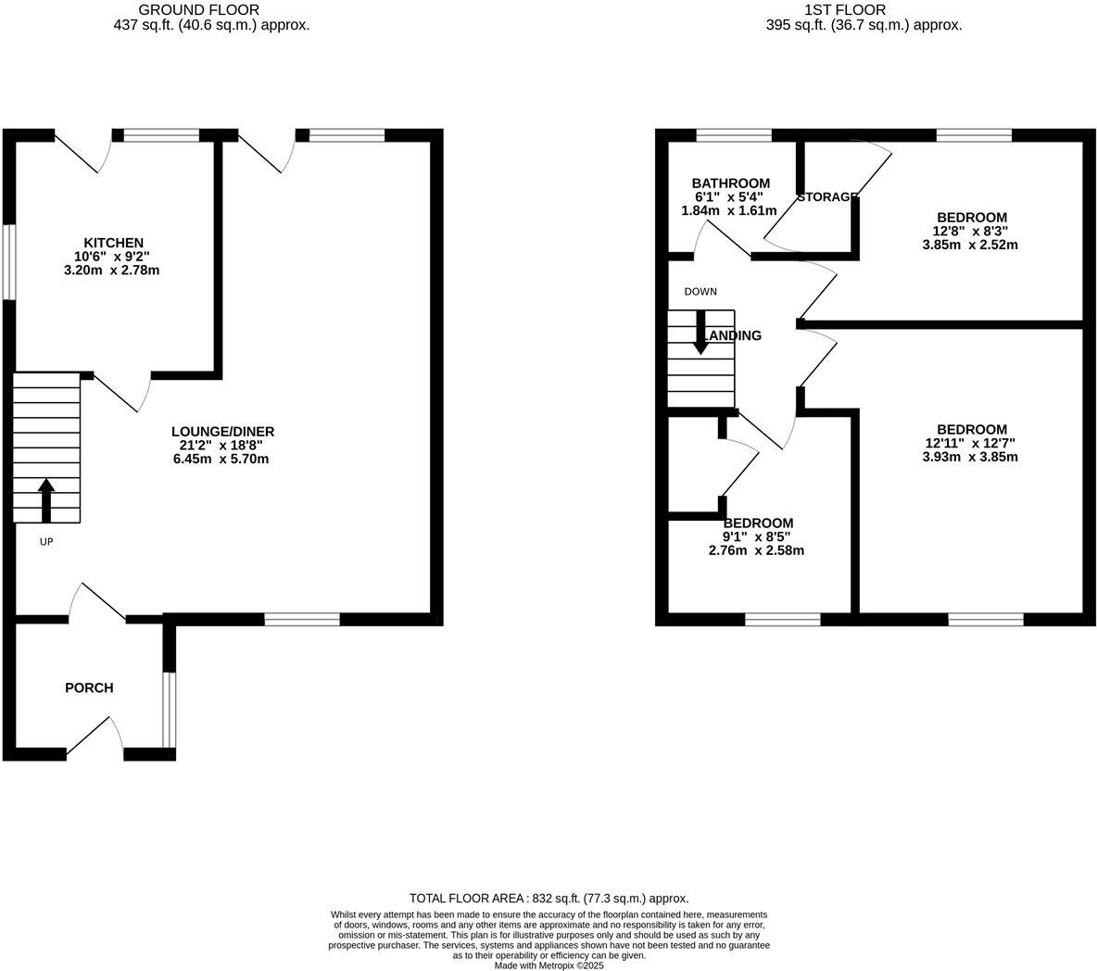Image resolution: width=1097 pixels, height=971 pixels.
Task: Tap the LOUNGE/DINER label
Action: [x=222, y=432]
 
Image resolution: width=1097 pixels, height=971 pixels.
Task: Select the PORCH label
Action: [x=89, y=688]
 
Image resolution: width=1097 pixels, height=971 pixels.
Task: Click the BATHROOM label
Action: [x=730, y=183]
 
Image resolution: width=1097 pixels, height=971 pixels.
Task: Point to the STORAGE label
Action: [x=826, y=197]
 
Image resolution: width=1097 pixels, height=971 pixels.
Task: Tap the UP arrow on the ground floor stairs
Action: [x=46, y=500]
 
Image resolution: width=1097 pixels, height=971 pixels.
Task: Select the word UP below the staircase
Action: [x=46, y=542]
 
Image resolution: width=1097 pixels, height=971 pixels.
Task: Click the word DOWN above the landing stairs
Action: [x=700, y=292]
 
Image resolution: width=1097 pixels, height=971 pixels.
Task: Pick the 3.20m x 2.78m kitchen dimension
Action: [x=113, y=271]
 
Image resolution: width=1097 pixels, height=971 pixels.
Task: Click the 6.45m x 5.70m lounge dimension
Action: [x=222, y=460]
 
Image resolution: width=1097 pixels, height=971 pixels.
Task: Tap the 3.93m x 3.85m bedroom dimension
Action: [x=970, y=457]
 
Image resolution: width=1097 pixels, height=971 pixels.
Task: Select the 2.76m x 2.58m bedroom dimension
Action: [x=756, y=550]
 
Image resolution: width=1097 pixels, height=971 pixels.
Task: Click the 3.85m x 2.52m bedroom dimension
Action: [x=970, y=246]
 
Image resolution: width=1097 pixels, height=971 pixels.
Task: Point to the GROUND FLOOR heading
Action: [x=198, y=10]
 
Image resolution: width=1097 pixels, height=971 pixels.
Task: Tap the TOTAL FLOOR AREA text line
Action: [x=548, y=898]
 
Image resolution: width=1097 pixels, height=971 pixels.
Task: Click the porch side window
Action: [x=168, y=709]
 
